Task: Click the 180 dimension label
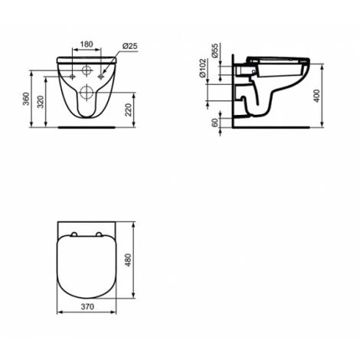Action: click(x=87, y=44)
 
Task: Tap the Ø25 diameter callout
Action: click(x=129, y=46)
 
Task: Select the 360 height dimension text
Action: click(x=26, y=99)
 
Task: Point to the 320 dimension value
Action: click(x=41, y=102)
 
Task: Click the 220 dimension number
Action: click(x=129, y=110)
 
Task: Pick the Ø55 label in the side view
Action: click(x=215, y=51)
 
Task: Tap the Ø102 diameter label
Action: click(x=202, y=68)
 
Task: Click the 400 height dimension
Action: click(x=316, y=96)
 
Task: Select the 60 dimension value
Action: click(x=215, y=123)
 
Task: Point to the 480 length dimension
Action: click(x=129, y=260)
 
